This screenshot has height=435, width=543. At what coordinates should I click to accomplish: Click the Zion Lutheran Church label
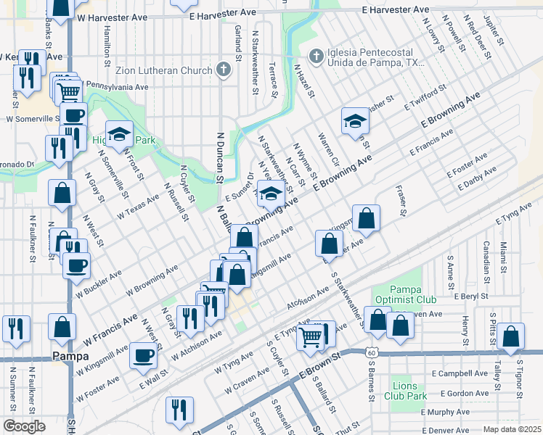point(163,70)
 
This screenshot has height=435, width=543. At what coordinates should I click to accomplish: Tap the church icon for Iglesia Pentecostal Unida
point(316,56)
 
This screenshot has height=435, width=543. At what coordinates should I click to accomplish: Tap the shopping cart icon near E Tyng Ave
point(310,336)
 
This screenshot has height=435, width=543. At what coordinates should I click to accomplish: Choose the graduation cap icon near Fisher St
point(355,120)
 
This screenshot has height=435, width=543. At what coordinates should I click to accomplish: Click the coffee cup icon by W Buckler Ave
point(75,265)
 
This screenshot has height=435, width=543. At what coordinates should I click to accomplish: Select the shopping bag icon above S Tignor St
point(511,336)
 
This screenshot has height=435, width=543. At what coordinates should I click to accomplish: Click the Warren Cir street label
point(324,148)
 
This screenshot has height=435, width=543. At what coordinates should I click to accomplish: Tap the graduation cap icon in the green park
point(119,133)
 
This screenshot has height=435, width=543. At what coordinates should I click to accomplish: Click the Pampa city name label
point(70,357)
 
